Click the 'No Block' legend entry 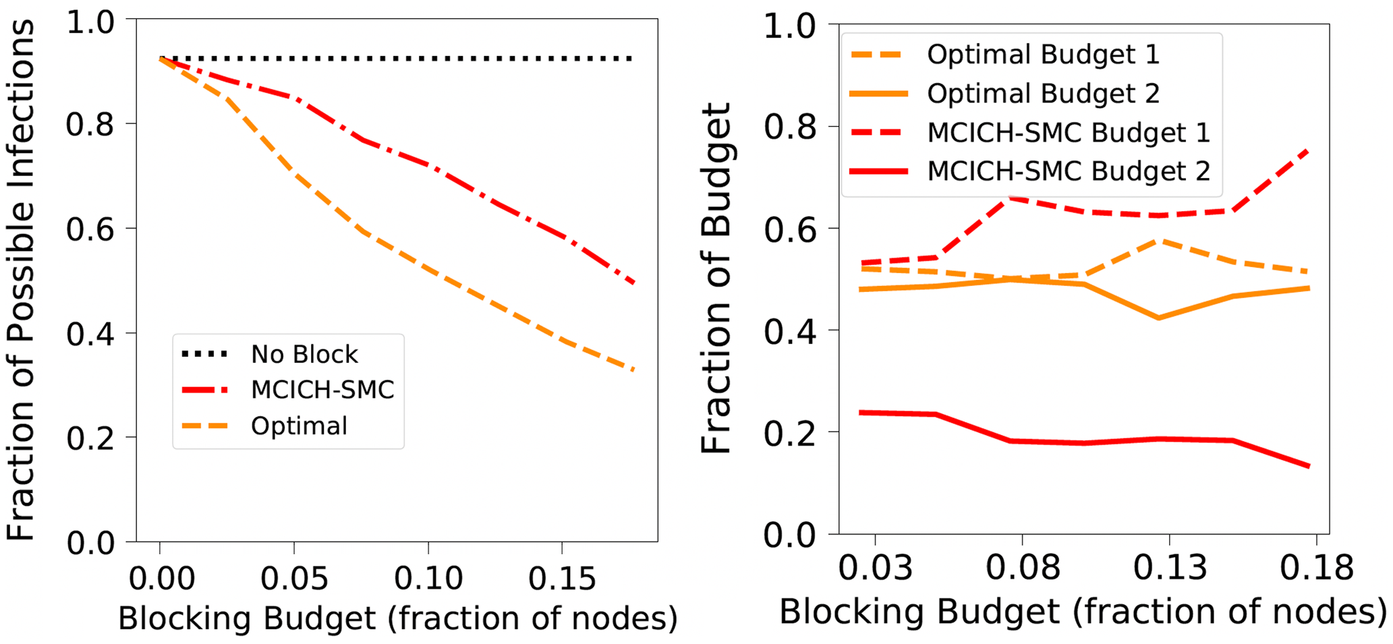[x=304, y=354]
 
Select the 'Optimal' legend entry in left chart [x=299, y=426]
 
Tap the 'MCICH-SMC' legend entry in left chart [x=322, y=390]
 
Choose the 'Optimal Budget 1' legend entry [x=1042, y=55]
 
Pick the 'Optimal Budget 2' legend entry [x=1042, y=94]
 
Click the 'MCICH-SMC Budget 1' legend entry [x=1068, y=133]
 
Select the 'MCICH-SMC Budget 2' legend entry [x=1068, y=171]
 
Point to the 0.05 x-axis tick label [x=294, y=579]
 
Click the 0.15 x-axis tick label [x=562, y=579]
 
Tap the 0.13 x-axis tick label [x=1170, y=567]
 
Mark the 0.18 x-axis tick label [x=1317, y=567]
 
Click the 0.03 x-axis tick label [x=875, y=567]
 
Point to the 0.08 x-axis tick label [x=1023, y=567]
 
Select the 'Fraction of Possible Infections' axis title [x=22, y=280]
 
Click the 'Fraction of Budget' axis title [x=716, y=279]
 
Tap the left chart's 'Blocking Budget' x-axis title [x=397, y=618]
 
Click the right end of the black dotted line [x=632, y=59]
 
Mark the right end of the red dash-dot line [x=634, y=283]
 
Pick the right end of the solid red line [x=1309, y=467]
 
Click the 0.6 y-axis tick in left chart [x=91, y=229]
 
